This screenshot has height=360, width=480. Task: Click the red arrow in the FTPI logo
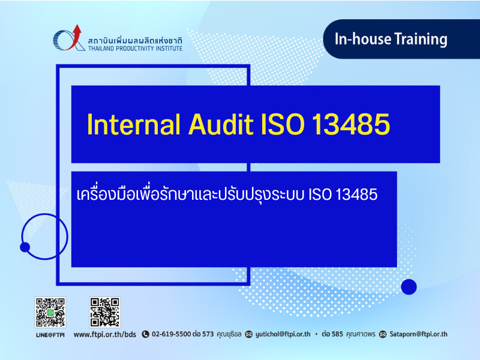76,36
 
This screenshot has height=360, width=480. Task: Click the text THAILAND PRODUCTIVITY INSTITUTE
136,49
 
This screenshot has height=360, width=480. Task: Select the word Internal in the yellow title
133,124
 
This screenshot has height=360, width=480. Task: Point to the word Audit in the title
221,124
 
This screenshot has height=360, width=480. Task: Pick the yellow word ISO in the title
282,124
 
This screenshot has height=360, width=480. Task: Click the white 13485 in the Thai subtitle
356,194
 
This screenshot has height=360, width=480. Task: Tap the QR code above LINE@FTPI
50,312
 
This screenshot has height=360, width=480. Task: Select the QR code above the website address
104,312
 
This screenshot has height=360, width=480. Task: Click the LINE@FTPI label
50,335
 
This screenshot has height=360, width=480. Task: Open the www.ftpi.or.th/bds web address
104,334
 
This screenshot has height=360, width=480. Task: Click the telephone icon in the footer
145,334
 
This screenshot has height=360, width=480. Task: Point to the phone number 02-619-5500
172,334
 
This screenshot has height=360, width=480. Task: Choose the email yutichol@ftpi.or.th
283,334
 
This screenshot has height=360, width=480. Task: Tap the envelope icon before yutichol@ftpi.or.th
249,334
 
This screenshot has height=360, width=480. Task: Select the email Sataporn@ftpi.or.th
418,334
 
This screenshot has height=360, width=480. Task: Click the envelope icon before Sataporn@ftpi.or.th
383,334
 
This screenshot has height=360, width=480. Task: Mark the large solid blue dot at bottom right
409,287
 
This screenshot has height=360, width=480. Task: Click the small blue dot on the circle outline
25,247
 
